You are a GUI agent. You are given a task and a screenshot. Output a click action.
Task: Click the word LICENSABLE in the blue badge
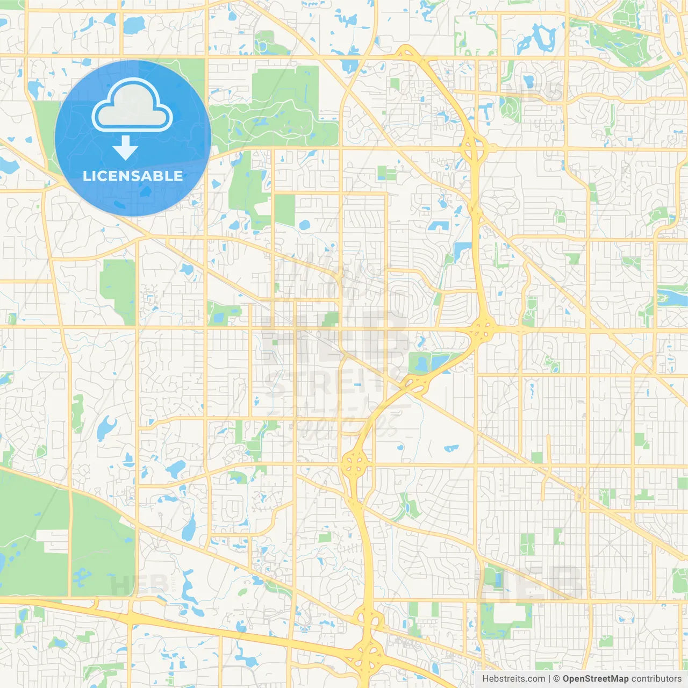(133, 176)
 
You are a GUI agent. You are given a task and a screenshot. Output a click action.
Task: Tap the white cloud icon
(132, 106)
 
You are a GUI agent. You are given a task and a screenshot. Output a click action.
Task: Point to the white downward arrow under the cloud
(125, 148)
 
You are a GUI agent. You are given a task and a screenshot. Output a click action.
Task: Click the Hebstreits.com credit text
(513, 679)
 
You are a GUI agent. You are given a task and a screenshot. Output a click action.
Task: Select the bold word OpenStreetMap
(596, 679)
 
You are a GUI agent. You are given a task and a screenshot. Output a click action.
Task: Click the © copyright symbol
(556, 679)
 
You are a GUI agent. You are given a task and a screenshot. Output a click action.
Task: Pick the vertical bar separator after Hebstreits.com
(549, 679)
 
